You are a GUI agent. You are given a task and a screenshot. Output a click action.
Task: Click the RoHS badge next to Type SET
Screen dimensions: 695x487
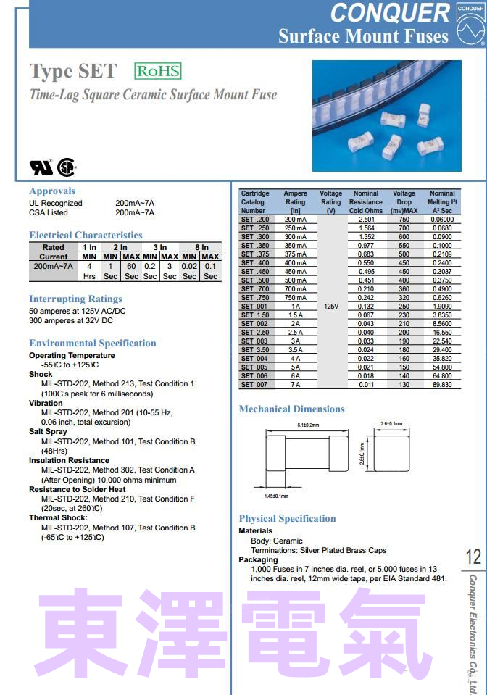pos(157,71)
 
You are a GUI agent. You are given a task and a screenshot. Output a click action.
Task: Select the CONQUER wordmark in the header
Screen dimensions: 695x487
pos(390,12)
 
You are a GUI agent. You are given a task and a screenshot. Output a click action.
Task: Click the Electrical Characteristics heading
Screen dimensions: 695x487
pos(86,235)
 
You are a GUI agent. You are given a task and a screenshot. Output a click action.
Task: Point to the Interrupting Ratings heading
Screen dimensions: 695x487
pos(75,299)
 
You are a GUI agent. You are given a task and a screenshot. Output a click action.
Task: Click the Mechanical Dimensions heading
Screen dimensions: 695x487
pos(291,409)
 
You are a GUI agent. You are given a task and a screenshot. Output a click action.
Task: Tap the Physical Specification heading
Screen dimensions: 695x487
pos(287,518)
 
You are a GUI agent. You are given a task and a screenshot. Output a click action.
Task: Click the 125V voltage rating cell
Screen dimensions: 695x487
pos(331,307)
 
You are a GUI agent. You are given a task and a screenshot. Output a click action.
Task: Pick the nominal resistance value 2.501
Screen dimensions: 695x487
pos(366,220)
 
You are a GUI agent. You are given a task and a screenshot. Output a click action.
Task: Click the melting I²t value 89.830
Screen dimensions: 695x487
pos(441,385)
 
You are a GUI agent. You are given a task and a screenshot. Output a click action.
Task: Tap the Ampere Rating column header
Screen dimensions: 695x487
pos(295,202)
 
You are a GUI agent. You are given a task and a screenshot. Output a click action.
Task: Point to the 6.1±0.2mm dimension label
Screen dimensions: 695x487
pos(308,425)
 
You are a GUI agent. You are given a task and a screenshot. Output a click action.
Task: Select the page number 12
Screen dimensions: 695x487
pos(473,557)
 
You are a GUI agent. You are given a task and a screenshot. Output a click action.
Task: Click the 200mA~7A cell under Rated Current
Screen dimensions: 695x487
pos(54,267)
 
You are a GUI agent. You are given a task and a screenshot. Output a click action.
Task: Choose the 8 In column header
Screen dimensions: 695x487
pos(201,247)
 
